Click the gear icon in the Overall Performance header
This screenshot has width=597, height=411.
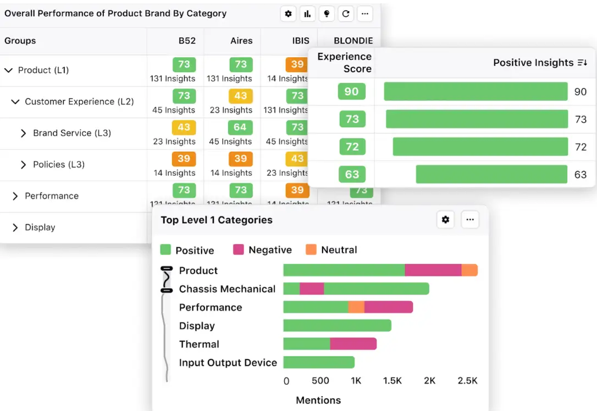coord(289,14)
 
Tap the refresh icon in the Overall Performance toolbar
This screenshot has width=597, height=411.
coord(346,14)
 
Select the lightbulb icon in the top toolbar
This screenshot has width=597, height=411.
coord(327,14)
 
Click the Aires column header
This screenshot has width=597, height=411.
coord(241,41)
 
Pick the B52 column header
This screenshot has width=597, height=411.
coord(187,41)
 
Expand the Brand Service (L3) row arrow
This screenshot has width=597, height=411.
coord(23,133)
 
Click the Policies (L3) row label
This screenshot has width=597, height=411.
coord(59,164)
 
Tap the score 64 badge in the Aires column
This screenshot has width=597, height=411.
coord(240,127)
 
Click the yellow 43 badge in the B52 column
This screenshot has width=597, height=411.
coord(184,127)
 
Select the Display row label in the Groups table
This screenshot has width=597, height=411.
coord(40,227)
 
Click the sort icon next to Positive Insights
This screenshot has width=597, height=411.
coord(582,63)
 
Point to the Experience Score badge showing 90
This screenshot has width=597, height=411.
coord(351,91)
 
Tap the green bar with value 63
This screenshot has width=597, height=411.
coord(491,174)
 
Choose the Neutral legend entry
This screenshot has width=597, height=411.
coord(331,250)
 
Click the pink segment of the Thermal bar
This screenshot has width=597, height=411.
coord(353,344)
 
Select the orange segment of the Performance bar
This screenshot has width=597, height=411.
coord(356,307)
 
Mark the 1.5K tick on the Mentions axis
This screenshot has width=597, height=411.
coord(393,381)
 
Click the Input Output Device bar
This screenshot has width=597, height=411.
coord(319,362)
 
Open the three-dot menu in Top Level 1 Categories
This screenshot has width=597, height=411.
coord(469,220)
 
